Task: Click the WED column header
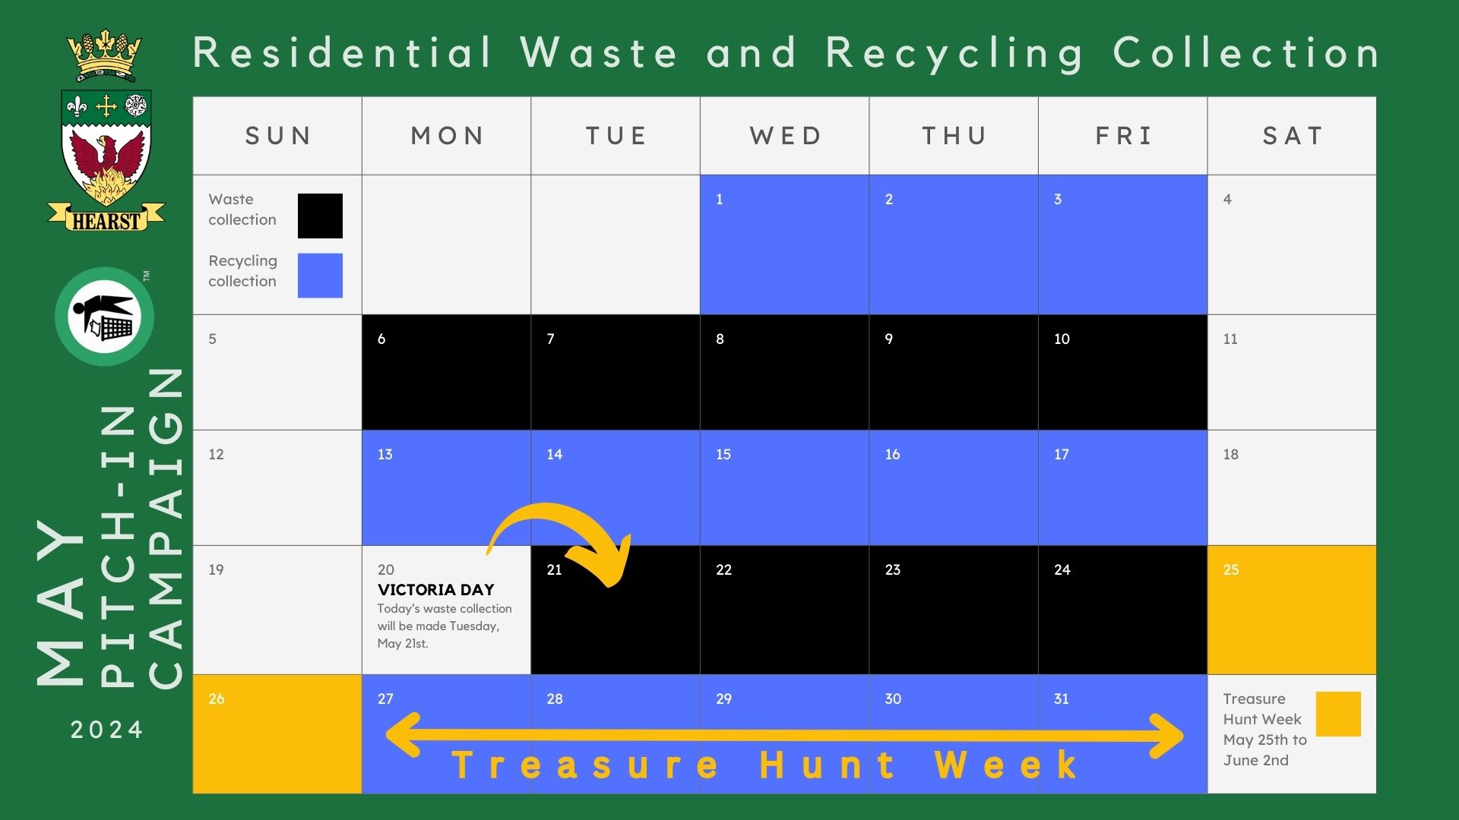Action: [x=785, y=136]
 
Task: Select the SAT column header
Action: [x=1292, y=136]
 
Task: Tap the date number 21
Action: [x=554, y=569]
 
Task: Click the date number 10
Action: [x=1062, y=339]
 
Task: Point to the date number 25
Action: [x=1231, y=569]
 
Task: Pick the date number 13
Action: [x=385, y=454]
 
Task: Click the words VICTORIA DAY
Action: [x=436, y=590]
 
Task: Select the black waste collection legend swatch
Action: [x=320, y=216]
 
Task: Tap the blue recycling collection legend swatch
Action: [x=320, y=275]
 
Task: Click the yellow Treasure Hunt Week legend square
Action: [x=1337, y=714]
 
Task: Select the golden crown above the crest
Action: [x=104, y=55]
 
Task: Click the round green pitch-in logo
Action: [x=104, y=317]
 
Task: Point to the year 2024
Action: [x=106, y=730]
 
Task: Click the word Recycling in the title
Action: [x=954, y=53]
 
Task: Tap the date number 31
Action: [x=1062, y=699]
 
